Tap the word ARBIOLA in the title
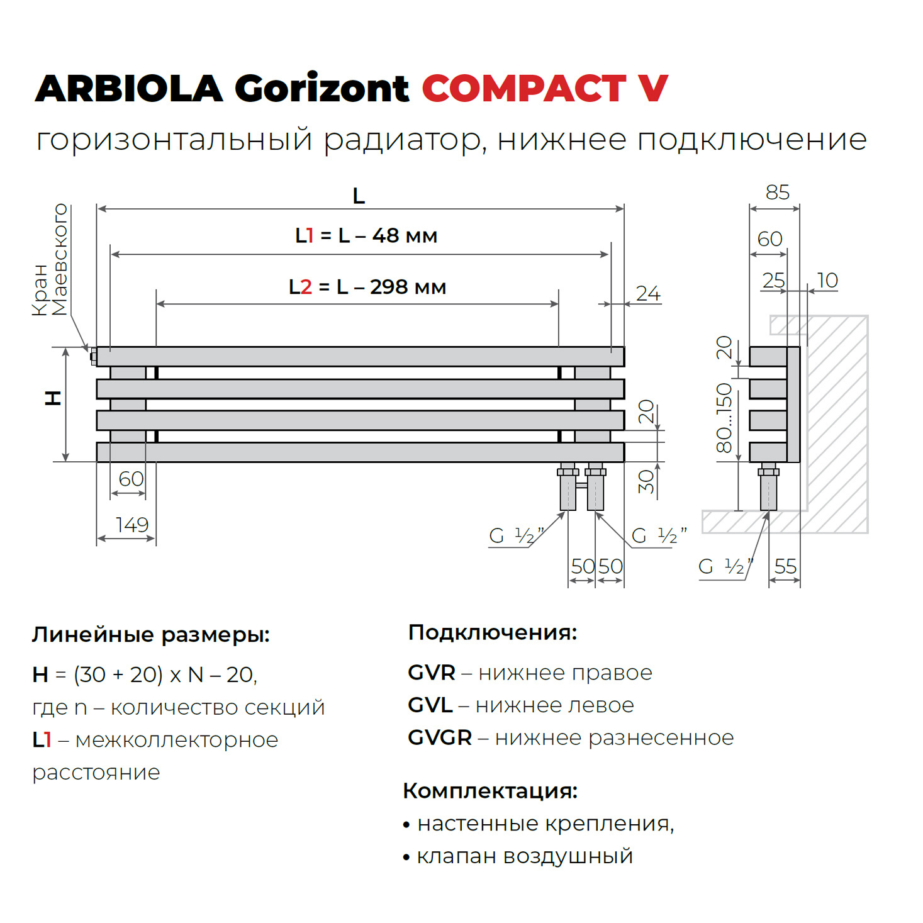click(129, 88)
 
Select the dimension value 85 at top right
click(778, 193)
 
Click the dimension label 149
click(132, 525)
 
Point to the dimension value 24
click(648, 293)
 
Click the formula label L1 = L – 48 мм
click(366, 236)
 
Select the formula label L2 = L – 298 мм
click(367, 287)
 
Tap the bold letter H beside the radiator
click(53, 398)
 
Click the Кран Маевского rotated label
click(50, 260)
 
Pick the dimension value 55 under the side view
click(785, 567)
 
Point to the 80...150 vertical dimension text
click(725, 418)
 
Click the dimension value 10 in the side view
click(827, 281)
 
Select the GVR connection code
click(432, 673)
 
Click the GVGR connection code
click(440, 737)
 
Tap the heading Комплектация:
click(490, 791)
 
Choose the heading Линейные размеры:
click(151, 635)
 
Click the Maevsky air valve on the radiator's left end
click(94, 357)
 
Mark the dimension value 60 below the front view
click(131, 479)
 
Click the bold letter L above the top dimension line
click(359, 196)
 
